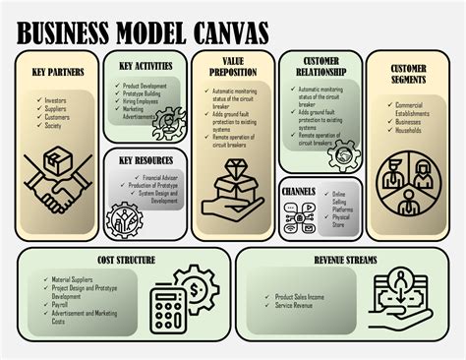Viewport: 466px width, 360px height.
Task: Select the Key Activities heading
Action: coord(146,67)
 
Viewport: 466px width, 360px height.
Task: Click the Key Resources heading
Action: coord(146,159)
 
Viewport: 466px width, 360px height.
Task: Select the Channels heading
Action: coord(299,190)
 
